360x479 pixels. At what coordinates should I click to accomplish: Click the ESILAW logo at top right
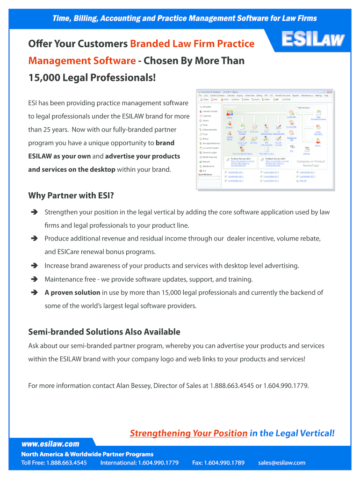point(313,40)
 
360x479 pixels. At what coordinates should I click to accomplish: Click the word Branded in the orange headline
point(152,44)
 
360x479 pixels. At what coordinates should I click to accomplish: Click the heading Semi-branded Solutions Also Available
point(104,332)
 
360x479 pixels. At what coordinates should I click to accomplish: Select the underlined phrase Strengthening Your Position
point(188,433)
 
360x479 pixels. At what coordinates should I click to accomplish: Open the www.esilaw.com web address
point(50,444)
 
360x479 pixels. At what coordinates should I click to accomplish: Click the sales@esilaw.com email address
point(281,463)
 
